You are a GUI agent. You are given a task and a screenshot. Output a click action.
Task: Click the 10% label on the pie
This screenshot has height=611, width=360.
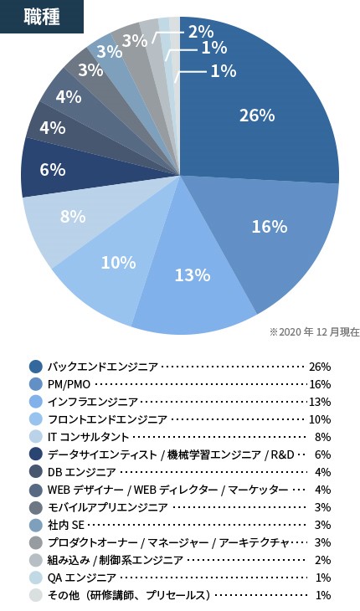pyautogui.click(x=118, y=262)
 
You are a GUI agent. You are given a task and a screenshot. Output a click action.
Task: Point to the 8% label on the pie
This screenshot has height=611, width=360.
pyautogui.click(x=73, y=216)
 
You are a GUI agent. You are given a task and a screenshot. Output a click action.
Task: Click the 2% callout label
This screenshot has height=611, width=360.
pyautogui.click(x=200, y=32)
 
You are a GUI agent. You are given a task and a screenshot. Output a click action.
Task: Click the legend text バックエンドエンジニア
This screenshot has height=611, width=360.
pyautogui.click(x=102, y=367)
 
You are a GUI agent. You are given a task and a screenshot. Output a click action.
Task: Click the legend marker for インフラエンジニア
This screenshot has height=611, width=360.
pyautogui.click(x=35, y=402)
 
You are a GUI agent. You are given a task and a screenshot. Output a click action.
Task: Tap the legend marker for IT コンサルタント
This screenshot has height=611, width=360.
pyautogui.click(x=35, y=437)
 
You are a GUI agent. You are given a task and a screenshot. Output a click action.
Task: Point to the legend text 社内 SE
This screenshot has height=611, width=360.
pyautogui.click(x=66, y=525)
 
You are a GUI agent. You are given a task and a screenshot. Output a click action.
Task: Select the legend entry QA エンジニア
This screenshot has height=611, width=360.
pyautogui.click(x=81, y=578)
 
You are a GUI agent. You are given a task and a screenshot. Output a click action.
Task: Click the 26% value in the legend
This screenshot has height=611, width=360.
pyautogui.click(x=320, y=367)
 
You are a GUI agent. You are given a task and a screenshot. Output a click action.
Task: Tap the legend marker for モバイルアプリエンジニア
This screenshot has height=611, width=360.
pyautogui.click(x=35, y=507)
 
